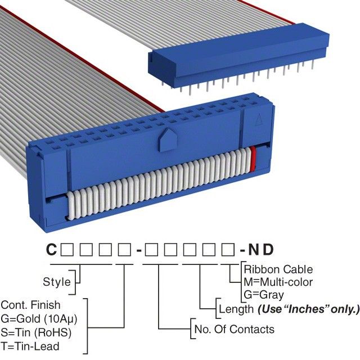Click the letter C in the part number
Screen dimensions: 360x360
point(51,250)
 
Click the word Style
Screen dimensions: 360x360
point(57,282)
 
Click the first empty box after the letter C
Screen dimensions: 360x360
point(66,250)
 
